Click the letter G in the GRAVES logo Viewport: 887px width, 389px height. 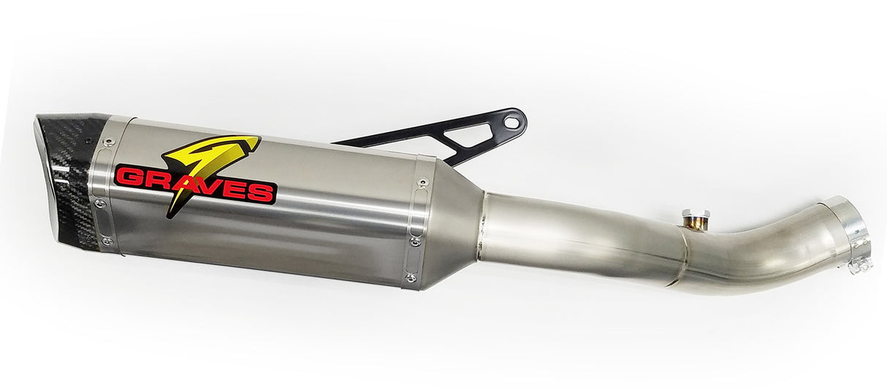tap(129, 176)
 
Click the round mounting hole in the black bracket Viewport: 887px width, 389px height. tap(512, 121)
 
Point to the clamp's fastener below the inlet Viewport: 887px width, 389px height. tap(860, 264)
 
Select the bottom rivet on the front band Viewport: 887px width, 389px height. tap(107, 240)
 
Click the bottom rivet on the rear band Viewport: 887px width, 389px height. tap(411, 277)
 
